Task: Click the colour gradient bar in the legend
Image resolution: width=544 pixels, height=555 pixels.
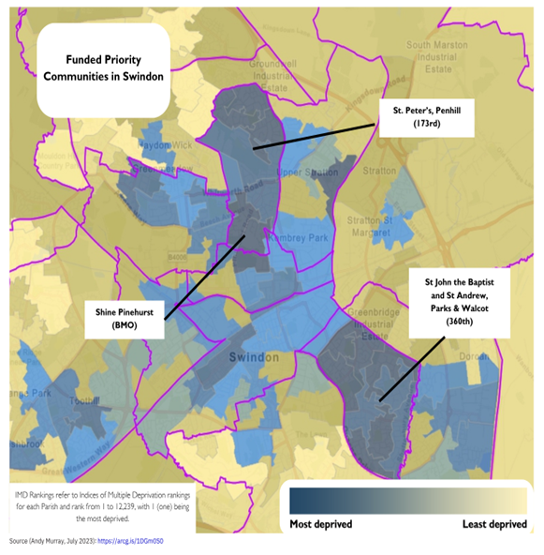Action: pyautogui.click(x=406, y=499)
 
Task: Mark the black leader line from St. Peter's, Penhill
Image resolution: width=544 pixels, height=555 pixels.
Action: pyautogui.click(x=316, y=134)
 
